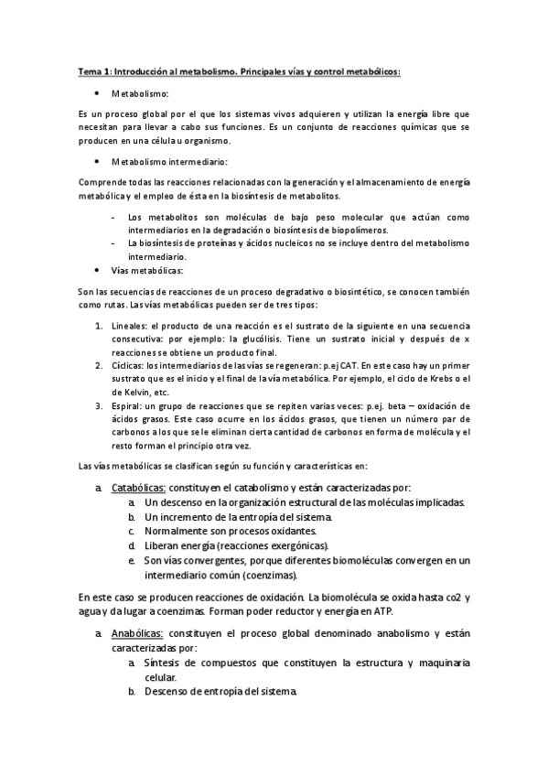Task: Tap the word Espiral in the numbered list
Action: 129,404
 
